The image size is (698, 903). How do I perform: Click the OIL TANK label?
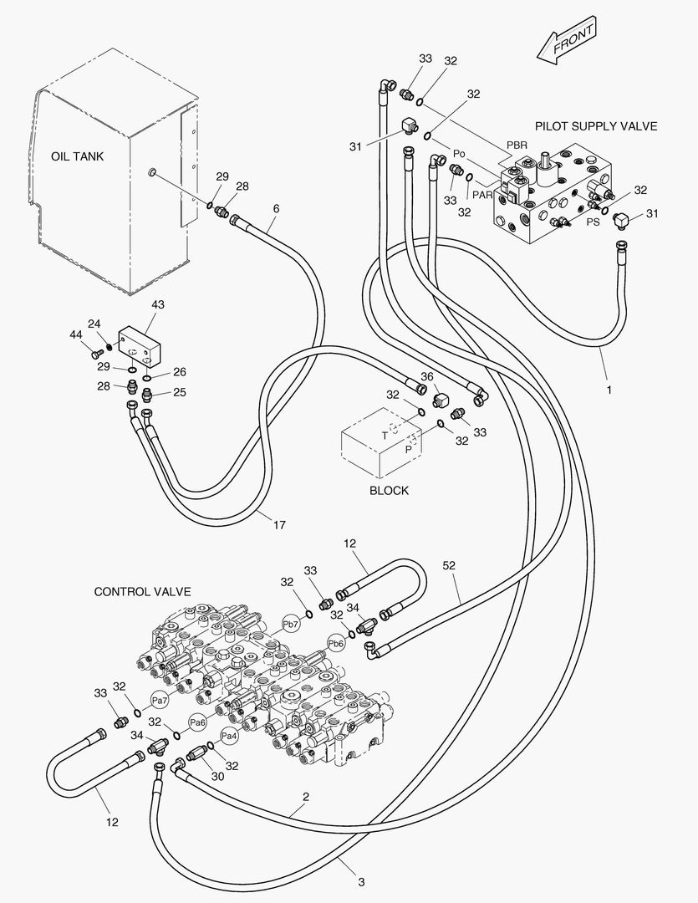pos(78,156)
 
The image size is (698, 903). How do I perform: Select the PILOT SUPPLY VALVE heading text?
pos(595,126)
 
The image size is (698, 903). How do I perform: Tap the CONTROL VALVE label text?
pos(142,592)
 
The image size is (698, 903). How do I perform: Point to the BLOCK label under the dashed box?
pos(389,491)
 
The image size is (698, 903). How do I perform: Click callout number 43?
pos(157,305)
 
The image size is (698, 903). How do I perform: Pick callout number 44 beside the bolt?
pos(76,334)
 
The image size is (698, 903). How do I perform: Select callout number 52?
pos(450,566)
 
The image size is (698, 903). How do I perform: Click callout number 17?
pos(279,525)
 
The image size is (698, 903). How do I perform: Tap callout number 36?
pos(427,377)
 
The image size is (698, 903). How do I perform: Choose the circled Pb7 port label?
pos(290,624)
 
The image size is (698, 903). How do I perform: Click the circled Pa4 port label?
pos(230,737)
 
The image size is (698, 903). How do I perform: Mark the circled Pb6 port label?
pos(336,643)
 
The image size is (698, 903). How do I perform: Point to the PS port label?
pos(593,222)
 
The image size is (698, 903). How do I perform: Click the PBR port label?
pos(517,145)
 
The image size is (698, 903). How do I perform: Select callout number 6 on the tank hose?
pos(276,208)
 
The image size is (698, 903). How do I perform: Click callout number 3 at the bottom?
pos(361,881)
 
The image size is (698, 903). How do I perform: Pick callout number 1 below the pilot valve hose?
pos(609,390)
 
